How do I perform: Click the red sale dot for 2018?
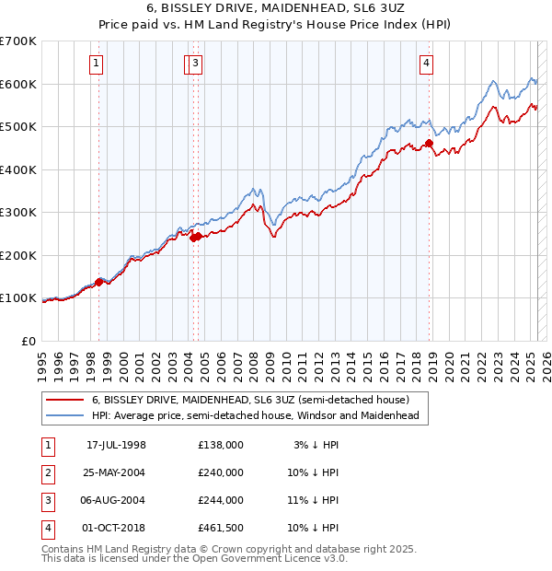429,144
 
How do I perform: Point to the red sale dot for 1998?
99,281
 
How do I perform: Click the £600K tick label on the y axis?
18,84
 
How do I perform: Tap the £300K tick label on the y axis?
18,212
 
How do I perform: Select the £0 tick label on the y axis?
28,341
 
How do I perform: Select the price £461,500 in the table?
220,528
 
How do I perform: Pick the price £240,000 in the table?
220,472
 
